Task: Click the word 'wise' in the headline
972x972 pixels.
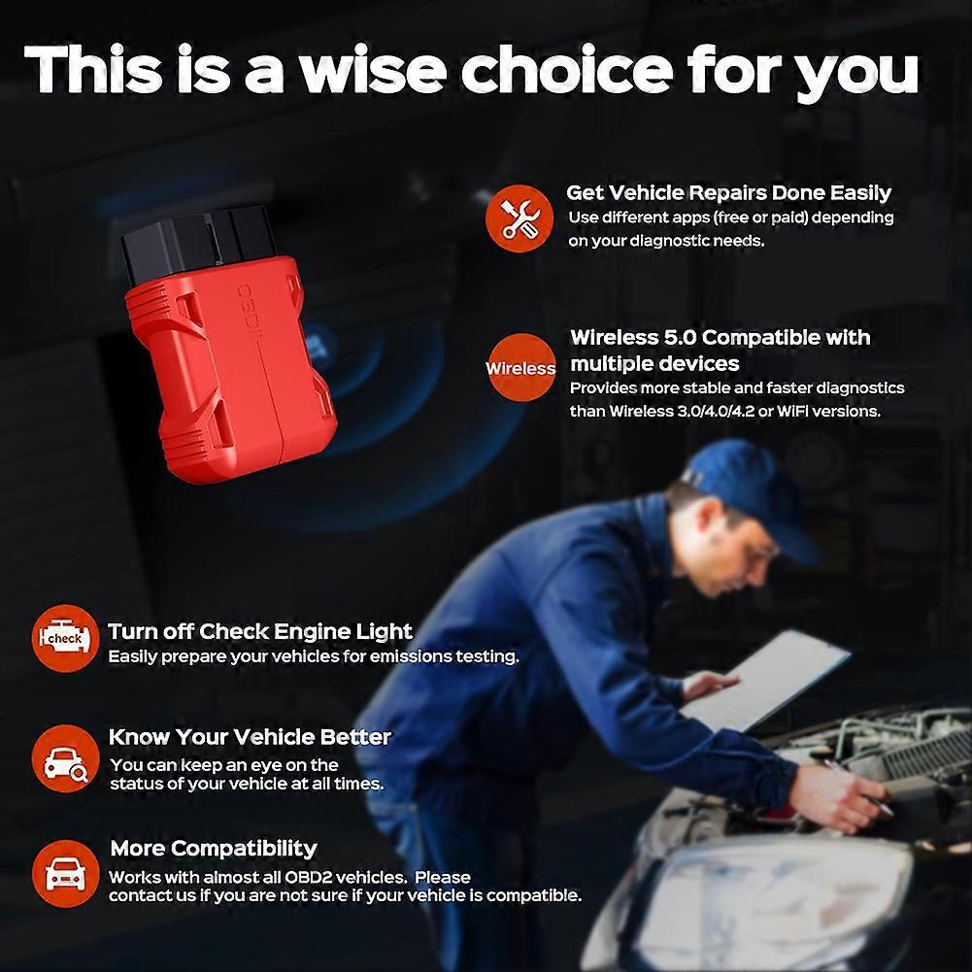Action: pos(373,70)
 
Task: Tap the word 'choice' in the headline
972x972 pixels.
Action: pos(566,70)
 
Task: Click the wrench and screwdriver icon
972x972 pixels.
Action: pos(520,218)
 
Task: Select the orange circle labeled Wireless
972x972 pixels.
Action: pos(520,368)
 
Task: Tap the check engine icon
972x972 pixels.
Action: pos(65,638)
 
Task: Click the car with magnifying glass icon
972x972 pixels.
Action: pos(65,758)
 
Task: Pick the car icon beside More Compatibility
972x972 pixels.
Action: pos(65,873)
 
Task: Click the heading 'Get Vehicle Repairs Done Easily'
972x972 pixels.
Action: pos(728,193)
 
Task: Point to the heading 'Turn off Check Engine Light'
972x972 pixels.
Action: pos(259,631)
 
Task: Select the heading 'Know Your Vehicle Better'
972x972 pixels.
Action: pos(250,736)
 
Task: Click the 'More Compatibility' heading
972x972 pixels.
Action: pos(214,848)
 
